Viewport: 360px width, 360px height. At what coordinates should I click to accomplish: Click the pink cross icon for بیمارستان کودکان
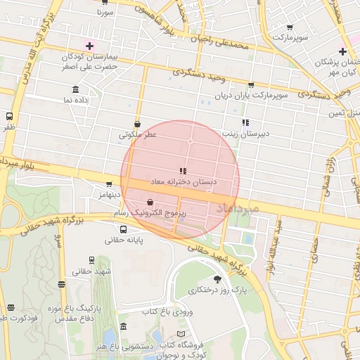tap(89, 46)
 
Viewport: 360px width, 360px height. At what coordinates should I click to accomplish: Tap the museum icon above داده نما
tap(76, 89)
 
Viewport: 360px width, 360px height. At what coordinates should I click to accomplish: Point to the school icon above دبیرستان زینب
tap(245, 122)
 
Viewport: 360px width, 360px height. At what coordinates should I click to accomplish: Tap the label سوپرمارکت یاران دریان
tap(251, 96)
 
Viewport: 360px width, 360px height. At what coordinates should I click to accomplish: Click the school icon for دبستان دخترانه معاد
tap(183, 171)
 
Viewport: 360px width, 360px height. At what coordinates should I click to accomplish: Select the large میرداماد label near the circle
tap(237, 208)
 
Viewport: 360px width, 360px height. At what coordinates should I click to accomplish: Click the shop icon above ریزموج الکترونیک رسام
tap(150, 202)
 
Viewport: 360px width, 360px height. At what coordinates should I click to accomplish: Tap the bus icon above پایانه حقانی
tap(124, 229)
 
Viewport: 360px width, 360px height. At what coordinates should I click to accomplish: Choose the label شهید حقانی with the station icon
tap(94, 271)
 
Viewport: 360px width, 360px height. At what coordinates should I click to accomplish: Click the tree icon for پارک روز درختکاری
tap(217, 279)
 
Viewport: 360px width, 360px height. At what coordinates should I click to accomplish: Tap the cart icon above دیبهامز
tap(108, 184)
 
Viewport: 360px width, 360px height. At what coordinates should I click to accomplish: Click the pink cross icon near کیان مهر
tap(342, 51)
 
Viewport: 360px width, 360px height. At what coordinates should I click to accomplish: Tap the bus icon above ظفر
tap(9, 117)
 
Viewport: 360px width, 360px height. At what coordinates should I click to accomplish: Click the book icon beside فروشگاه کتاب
tap(182, 333)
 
